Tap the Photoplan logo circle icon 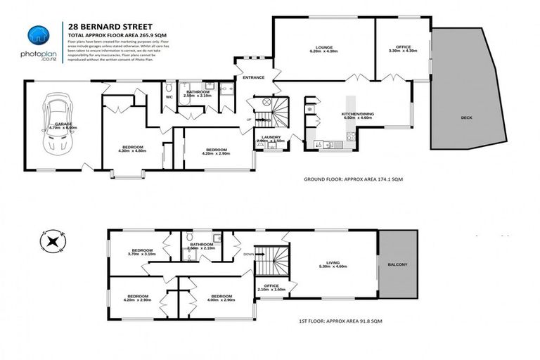tap(37, 35)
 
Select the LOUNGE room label tap(323, 46)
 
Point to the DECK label tap(467, 117)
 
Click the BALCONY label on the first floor tap(397, 264)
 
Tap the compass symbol tap(52, 241)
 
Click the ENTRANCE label tap(252, 77)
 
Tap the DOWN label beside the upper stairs tap(247, 255)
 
